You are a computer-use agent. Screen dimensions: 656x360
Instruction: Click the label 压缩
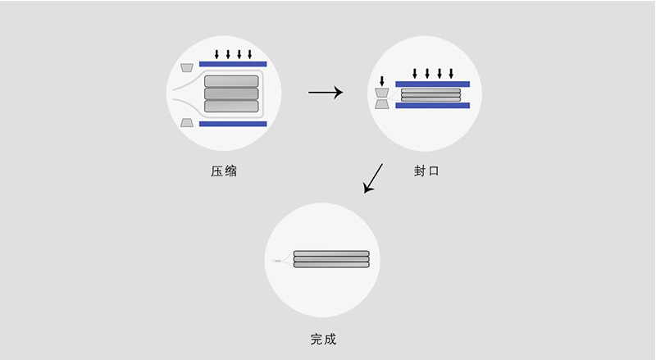(x=224, y=172)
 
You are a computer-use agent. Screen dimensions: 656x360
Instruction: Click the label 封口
(x=426, y=172)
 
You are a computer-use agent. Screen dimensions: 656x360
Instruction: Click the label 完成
(x=323, y=339)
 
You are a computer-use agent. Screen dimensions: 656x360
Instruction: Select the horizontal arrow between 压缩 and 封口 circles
(x=325, y=93)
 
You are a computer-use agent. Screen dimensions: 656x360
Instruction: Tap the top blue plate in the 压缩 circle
(x=232, y=64)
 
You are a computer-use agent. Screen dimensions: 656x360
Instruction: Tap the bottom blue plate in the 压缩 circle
(x=232, y=124)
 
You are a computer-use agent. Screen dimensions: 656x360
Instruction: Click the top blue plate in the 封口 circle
(x=432, y=84)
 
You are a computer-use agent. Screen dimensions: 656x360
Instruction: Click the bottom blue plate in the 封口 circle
(x=432, y=105)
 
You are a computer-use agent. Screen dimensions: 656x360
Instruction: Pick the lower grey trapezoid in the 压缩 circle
(x=188, y=123)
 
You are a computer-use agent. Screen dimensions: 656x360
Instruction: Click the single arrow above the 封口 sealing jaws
(x=381, y=81)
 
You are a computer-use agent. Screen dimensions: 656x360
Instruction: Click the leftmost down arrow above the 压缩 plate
(x=216, y=54)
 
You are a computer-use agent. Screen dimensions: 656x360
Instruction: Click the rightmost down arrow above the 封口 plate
(x=451, y=74)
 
